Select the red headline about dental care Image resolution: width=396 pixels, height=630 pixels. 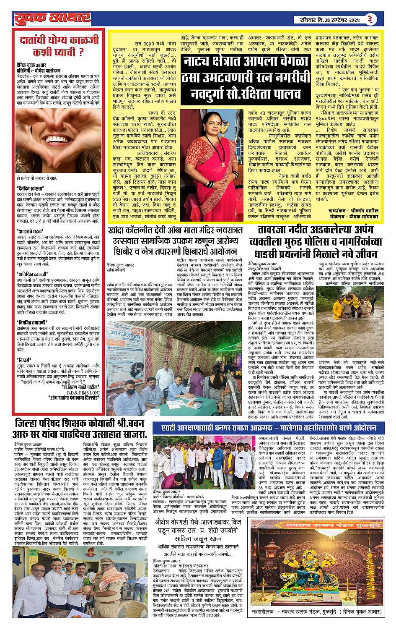59,46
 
